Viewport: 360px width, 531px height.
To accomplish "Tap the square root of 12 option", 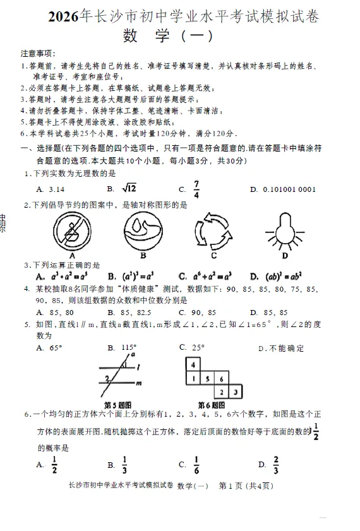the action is (x=129, y=188).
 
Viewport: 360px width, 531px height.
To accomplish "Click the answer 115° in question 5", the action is (x=129, y=347).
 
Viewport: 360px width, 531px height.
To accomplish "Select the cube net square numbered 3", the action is (x=235, y=392).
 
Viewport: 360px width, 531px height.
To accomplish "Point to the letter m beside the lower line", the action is (x=139, y=383).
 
